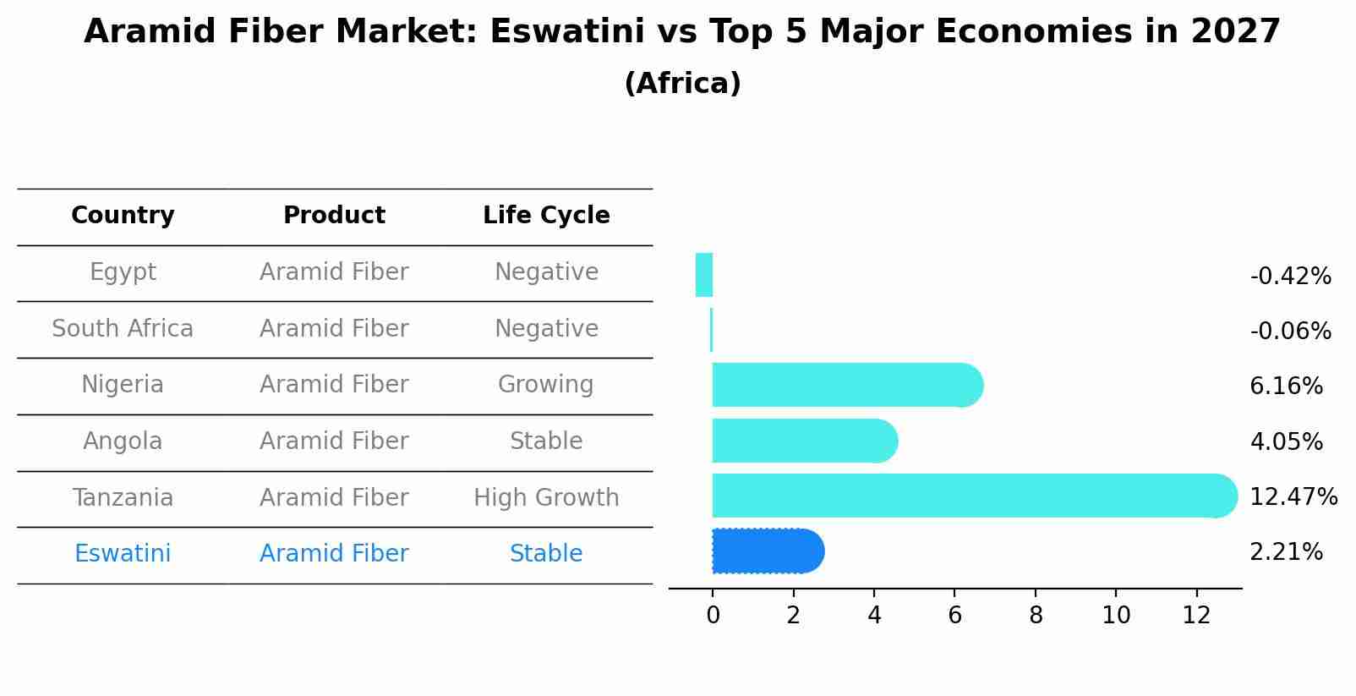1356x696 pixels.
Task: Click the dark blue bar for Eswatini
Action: click(x=768, y=551)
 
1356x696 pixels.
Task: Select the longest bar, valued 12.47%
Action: click(x=975, y=496)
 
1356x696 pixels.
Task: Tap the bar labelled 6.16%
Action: click(x=847, y=385)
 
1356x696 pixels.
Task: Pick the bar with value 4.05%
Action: click(x=805, y=441)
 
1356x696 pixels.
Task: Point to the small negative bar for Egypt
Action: click(x=704, y=275)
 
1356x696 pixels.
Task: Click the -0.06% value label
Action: click(x=1291, y=331)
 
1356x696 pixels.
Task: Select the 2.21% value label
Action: click(x=1287, y=552)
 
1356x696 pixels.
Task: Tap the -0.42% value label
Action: click(x=1291, y=276)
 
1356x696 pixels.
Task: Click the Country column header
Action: click(x=123, y=215)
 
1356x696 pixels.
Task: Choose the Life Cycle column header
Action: click(x=546, y=215)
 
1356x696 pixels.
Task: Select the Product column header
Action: click(x=334, y=215)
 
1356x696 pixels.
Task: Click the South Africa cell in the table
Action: click(x=123, y=328)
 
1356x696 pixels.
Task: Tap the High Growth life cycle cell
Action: click(x=546, y=497)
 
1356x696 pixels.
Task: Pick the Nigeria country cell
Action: click(x=123, y=384)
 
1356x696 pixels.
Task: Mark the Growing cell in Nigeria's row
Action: click(x=546, y=384)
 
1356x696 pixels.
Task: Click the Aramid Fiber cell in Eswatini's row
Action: click(x=334, y=553)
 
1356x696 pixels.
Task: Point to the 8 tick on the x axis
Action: click(x=1036, y=615)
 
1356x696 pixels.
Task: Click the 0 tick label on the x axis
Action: click(x=714, y=615)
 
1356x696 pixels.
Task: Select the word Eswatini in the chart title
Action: click(x=567, y=31)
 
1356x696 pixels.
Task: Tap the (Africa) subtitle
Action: click(x=682, y=83)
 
